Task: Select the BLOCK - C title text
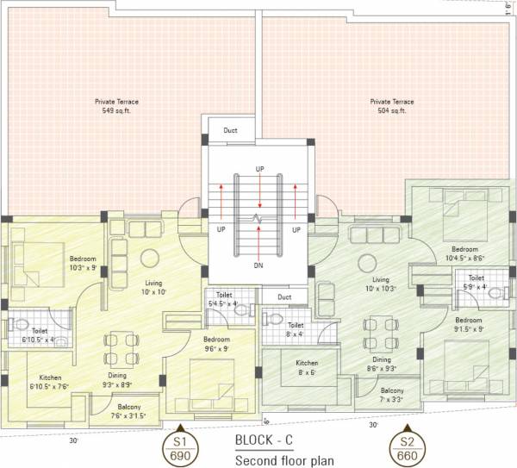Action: (x=269, y=440)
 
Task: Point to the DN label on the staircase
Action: (x=258, y=265)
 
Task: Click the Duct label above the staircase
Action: (x=230, y=131)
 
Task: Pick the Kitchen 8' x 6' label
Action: (x=308, y=368)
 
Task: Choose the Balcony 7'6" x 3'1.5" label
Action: (x=128, y=410)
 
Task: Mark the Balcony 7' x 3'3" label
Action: (x=393, y=395)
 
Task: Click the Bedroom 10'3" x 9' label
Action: (x=83, y=262)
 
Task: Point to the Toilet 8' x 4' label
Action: (x=296, y=329)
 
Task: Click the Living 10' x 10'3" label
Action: (x=380, y=284)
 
